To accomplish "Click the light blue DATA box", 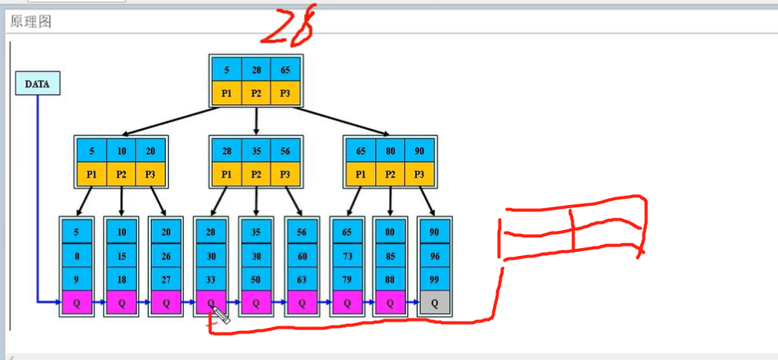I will pos(38,84).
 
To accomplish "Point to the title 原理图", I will pos(31,21).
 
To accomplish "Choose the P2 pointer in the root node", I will pos(257,94).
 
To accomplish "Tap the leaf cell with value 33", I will pos(211,279).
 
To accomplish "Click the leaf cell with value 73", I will pos(347,255).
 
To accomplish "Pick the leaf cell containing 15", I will pos(121,255).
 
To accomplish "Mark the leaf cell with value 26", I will pos(167,255).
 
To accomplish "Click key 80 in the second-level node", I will pos(390,150).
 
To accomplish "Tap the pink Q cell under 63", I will pos(301,302).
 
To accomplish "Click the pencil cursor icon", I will pos(218,315).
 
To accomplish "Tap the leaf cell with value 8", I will pos(77,255).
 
